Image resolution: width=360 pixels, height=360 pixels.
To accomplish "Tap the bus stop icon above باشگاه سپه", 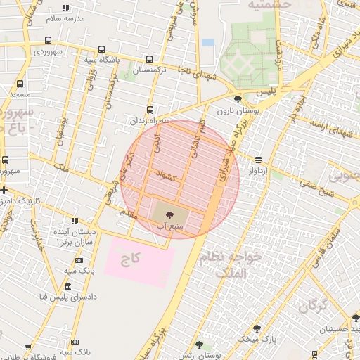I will tap(103, 50).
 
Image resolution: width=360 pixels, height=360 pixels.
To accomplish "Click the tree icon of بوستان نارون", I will tap(239, 99).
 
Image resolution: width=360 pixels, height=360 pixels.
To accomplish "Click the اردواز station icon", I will tap(259, 160).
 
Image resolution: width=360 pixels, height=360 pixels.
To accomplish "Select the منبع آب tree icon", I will tap(169, 214).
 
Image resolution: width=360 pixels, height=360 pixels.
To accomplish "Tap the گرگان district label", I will tap(314, 307).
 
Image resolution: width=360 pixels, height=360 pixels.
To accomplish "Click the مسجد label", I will tap(19, 94).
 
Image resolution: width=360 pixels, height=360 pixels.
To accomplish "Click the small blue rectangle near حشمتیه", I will tap(208, 42).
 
